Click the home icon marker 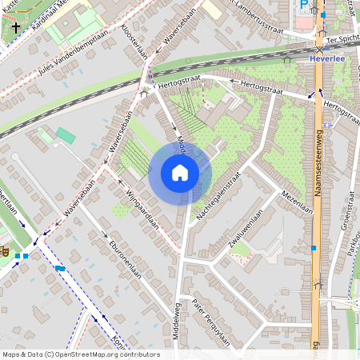[x=180, y=173]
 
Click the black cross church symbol [x=15, y=26]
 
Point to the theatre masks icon [x=5, y=251]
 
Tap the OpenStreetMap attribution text [x=81, y=354]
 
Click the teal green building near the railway [x=65, y=136]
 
